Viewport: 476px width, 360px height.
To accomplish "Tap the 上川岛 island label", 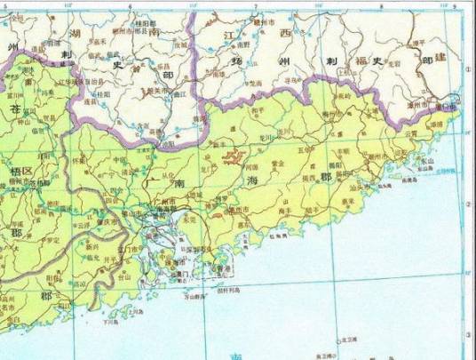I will point(135,312).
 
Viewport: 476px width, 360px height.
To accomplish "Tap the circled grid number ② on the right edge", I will point(468,204).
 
